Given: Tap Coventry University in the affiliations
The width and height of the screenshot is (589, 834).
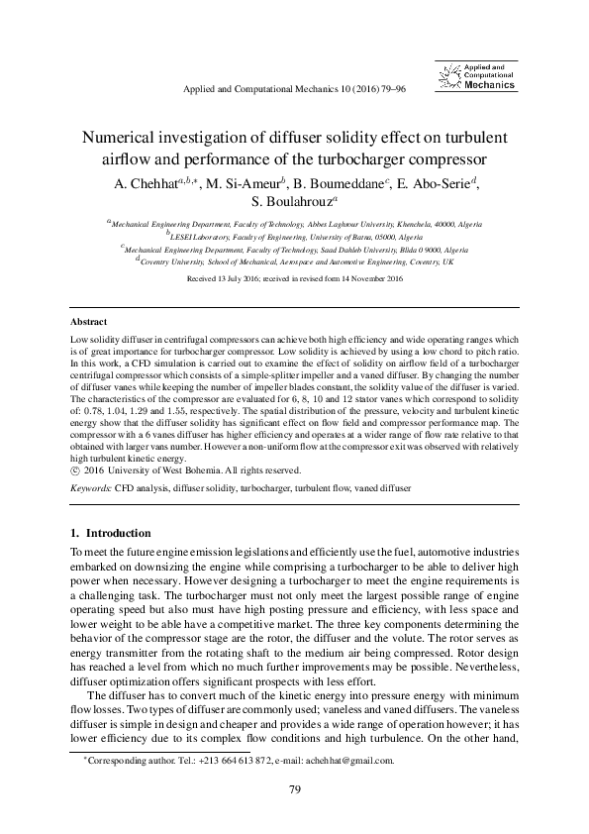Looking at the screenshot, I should point(177,262).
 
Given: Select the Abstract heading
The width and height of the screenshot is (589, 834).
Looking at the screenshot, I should point(89,323).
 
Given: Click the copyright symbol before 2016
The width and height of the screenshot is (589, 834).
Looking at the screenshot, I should point(77,470).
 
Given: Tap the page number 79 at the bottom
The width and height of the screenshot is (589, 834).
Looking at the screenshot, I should point(294,789).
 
